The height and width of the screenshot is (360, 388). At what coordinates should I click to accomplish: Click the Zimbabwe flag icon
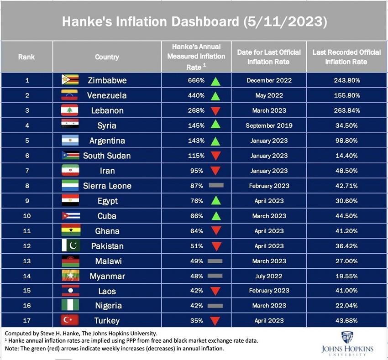[70, 80]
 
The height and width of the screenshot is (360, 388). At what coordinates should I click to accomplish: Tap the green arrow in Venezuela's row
[215, 96]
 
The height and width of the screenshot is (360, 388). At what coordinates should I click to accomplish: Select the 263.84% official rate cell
[346, 110]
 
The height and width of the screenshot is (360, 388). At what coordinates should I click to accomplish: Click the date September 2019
[269, 125]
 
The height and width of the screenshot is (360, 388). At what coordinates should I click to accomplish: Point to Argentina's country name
[107, 141]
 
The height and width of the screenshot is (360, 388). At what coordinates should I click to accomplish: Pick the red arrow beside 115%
[215, 156]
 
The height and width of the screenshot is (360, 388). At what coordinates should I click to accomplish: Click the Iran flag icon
[70, 171]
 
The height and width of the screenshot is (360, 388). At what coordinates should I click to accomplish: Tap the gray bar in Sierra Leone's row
[215, 186]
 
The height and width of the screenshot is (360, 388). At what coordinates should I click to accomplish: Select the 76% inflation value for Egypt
[197, 201]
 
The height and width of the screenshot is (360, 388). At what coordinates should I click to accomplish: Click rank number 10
[27, 216]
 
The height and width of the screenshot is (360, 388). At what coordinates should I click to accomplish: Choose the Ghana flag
[70, 231]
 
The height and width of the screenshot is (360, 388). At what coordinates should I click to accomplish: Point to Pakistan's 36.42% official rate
[346, 246]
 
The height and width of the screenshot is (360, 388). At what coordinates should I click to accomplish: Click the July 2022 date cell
[269, 276]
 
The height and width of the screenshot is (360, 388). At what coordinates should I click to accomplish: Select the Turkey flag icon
[70, 320]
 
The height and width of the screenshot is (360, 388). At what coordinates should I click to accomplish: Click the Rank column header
[26, 57]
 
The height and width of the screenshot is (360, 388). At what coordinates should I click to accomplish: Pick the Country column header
[107, 57]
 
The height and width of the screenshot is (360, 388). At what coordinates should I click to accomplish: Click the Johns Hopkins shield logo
[347, 338]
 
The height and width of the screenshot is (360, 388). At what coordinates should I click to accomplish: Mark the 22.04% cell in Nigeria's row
[346, 306]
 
